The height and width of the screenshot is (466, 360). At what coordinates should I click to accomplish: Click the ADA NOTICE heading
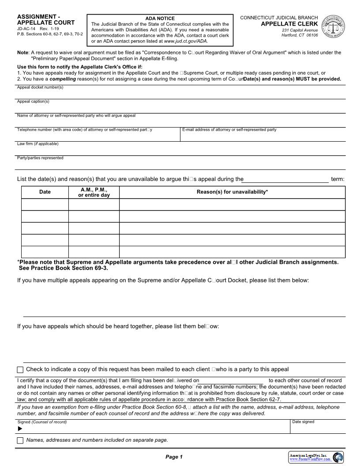tap(160, 18)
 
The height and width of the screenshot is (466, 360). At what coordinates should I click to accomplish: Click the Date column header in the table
tap(45, 192)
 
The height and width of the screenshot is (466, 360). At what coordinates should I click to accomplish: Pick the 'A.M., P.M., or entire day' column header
tap(94, 192)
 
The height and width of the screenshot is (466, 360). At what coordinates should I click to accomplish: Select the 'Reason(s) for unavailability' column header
tap(232, 192)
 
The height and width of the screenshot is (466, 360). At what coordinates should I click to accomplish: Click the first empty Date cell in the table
tap(45, 205)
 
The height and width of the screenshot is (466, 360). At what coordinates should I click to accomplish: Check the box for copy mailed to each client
tap(20, 370)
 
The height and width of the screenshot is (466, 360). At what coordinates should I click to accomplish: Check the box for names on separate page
tap(20, 440)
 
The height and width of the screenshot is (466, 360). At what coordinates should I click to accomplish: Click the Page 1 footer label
tap(174, 457)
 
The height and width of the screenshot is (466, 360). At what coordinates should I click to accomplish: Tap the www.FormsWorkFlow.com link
tap(310, 459)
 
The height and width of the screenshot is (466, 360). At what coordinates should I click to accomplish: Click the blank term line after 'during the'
tap(286, 179)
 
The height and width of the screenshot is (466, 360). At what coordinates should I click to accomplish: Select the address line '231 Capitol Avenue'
tap(300, 30)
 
